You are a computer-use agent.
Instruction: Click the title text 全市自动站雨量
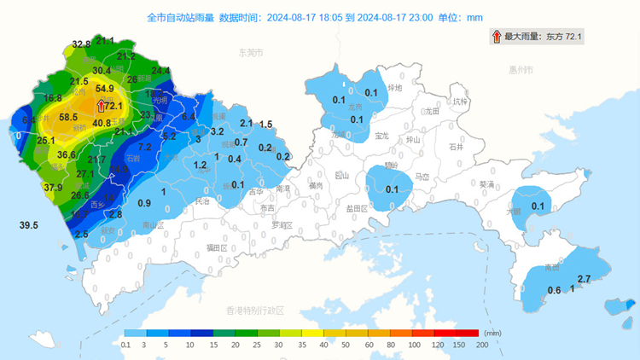click(x=180, y=16)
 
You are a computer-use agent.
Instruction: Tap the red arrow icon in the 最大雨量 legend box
click(x=496, y=37)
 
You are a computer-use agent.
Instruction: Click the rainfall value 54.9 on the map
click(x=105, y=88)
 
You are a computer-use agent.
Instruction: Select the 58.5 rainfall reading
click(x=68, y=117)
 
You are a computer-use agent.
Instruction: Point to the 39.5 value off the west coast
click(x=29, y=225)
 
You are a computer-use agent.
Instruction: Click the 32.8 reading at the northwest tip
click(x=81, y=44)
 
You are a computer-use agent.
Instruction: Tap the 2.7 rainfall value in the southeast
click(x=585, y=279)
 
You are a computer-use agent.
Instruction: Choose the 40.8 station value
click(x=102, y=123)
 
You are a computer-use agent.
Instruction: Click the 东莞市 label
click(x=251, y=53)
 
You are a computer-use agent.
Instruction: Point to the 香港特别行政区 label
click(x=253, y=310)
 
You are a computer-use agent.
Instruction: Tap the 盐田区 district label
click(x=357, y=208)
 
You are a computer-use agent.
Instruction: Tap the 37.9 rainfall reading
click(x=53, y=188)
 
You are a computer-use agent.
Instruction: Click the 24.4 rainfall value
click(x=160, y=71)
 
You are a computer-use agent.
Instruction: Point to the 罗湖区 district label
click(x=282, y=225)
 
